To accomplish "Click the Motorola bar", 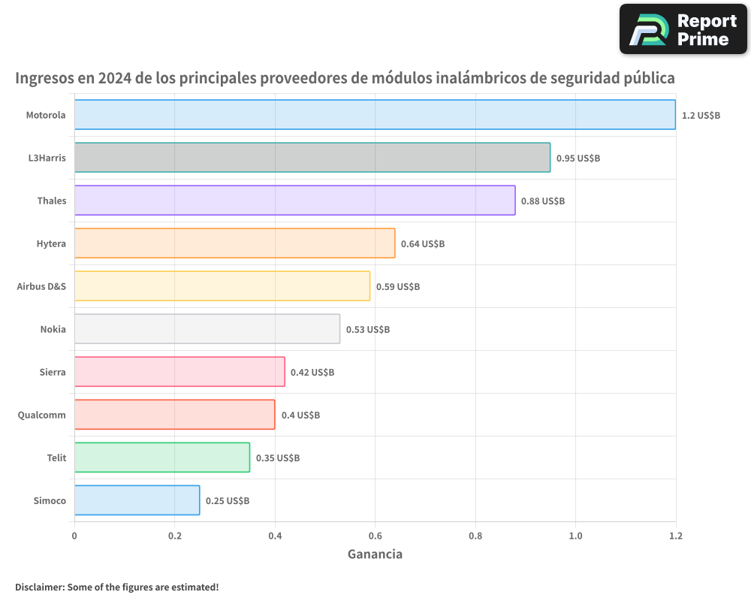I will pyautogui.click(x=375, y=115).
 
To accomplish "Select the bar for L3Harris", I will pyautogui.click(x=312, y=158).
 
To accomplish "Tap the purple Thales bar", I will pyautogui.click(x=294, y=201).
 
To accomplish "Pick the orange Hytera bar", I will pyautogui.click(x=234, y=243).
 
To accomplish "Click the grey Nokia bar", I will pyautogui.click(x=207, y=329).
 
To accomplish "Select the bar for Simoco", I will pyautogui.click(x=137, y=500).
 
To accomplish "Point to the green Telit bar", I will pyautogui.click(x=162, y=458).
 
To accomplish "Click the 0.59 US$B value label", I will pyautogui.click(x=397, y=287).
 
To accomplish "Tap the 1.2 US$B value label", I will pyautogui.click(x=701, y=116).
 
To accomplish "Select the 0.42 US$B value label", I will pyautogui.click(x=312, y=373).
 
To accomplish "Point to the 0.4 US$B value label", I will pyautogui.click(x=300, y=415).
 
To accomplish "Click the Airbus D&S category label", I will pyautogui.click(x=41, y=287).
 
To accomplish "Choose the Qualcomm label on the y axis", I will pyautogui.click(x=41, y=415).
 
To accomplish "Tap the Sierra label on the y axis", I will pyautogui.click(x=53, y=373).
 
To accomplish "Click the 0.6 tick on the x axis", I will pyautogui.click(x=375, y=536).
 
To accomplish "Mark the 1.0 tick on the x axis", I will pyautogui.click(x=575, y=536).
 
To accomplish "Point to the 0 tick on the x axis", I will pyautogui.click(x=74, y=536).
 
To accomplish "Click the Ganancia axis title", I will pyautogui.click(x=375, y=554).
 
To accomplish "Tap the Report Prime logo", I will pyautogui.click(x=683, y=29).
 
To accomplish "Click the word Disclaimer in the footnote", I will pyautogui.click(x=39, y=587).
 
